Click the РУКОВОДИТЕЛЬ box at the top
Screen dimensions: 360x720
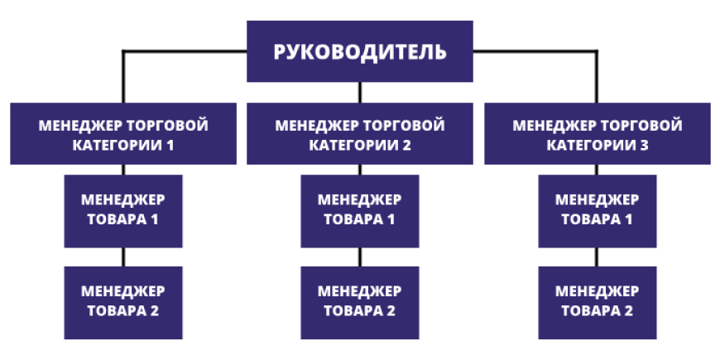360,51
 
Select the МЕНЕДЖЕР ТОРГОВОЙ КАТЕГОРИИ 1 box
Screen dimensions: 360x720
123,133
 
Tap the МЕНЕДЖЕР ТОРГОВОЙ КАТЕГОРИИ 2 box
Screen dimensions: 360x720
360,133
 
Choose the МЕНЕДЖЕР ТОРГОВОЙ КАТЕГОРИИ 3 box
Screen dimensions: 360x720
597,133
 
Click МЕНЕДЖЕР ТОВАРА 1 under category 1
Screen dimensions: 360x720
123,210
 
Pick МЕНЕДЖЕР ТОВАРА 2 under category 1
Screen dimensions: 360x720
123,301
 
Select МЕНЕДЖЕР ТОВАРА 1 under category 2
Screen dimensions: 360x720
360,210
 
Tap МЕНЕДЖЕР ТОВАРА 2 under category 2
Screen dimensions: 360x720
360,301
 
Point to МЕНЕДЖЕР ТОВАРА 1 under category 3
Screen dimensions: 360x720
597,210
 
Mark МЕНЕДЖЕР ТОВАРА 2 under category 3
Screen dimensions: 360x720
597,301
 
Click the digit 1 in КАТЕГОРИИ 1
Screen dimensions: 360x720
170,145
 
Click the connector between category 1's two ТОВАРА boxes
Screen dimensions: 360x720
123,257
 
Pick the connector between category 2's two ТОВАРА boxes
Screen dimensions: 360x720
360,257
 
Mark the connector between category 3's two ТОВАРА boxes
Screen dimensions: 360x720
597,257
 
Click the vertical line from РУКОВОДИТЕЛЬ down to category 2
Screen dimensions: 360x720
360,92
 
